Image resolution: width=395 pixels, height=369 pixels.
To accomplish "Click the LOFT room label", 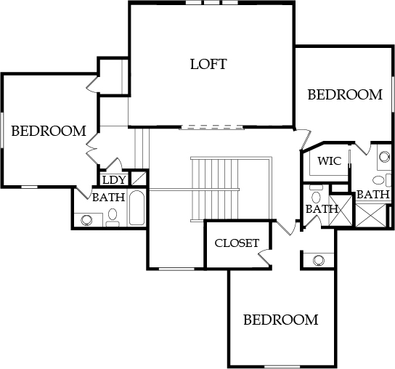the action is point(208,64).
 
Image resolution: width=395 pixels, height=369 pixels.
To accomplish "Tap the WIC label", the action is point(329,161).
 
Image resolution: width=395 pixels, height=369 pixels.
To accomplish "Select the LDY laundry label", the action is point(114,180).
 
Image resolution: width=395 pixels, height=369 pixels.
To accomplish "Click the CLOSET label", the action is point(237,243).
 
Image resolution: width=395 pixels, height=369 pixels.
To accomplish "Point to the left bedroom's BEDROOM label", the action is point(49,131).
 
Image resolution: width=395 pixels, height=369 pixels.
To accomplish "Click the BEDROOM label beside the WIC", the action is point(345,94).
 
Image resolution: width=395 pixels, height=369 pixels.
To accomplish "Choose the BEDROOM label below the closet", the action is point(280,320).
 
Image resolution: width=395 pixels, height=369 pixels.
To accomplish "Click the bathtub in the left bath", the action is point(137,208).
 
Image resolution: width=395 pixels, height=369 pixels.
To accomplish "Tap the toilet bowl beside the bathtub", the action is point(113,214).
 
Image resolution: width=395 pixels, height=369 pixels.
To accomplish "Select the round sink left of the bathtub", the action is point(86,220).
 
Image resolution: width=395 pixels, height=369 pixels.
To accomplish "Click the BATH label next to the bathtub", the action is point(109,198).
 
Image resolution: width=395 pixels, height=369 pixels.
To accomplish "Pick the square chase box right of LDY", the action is point(139,179).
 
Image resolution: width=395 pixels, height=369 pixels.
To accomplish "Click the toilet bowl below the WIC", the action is point(316,197).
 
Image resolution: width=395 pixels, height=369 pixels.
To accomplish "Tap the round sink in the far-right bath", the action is point(384,156).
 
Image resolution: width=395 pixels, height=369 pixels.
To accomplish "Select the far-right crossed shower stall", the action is point(370,215).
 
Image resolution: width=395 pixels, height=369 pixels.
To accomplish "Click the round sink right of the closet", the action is point(318,260).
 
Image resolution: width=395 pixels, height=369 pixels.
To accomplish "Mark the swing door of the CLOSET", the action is point(264,257).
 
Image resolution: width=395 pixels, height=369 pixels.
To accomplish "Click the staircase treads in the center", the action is point(214,189).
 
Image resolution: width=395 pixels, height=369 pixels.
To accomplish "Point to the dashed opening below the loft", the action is point(211,127).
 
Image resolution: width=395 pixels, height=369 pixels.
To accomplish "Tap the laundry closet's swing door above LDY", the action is point(114,163).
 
